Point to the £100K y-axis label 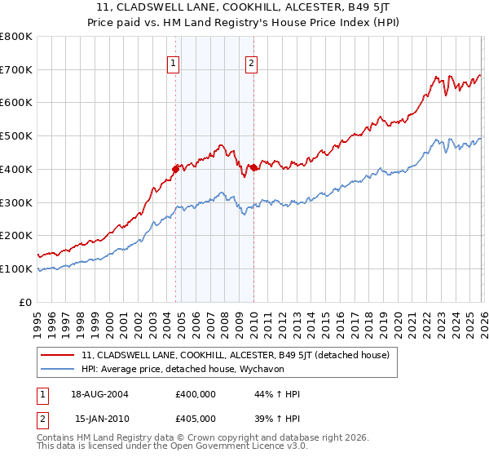(x=16, y=268)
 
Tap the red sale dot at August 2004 (x=175, y=169)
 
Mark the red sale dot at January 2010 (x=253, y=167)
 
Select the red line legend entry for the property (x=236, y=355)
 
